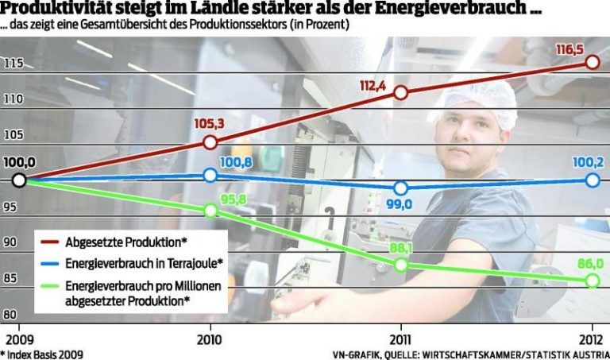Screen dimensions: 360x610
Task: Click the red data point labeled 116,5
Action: coord(592,62)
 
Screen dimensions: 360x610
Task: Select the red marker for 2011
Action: coord(400,92)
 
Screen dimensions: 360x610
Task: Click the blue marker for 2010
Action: coord(210,175)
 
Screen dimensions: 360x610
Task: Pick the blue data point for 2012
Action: coord(592,180)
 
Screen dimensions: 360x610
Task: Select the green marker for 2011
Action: coord(400,265)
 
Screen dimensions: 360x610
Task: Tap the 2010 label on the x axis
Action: coord(210,337)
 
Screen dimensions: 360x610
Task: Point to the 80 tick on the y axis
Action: coord(12,314)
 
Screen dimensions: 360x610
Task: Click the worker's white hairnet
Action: coord(480,99)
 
